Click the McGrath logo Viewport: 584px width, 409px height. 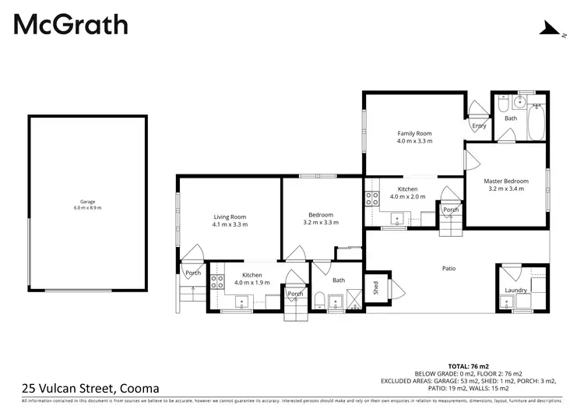coord(71,25)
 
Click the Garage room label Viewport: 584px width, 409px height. coord(87,201)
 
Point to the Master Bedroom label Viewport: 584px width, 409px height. coord(506,182)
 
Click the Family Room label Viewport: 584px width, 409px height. coord(414,134)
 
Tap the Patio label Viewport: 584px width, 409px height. coord(449,269)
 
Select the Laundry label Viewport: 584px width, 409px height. coord(515,291)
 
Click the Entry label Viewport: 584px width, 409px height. coord(479,125)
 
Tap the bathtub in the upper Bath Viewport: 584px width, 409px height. coord(537,122)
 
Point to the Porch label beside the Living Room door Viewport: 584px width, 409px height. coord(193,273)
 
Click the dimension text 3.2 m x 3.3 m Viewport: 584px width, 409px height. coord(321,224)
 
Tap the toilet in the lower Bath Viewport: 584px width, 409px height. coord(321,301)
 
